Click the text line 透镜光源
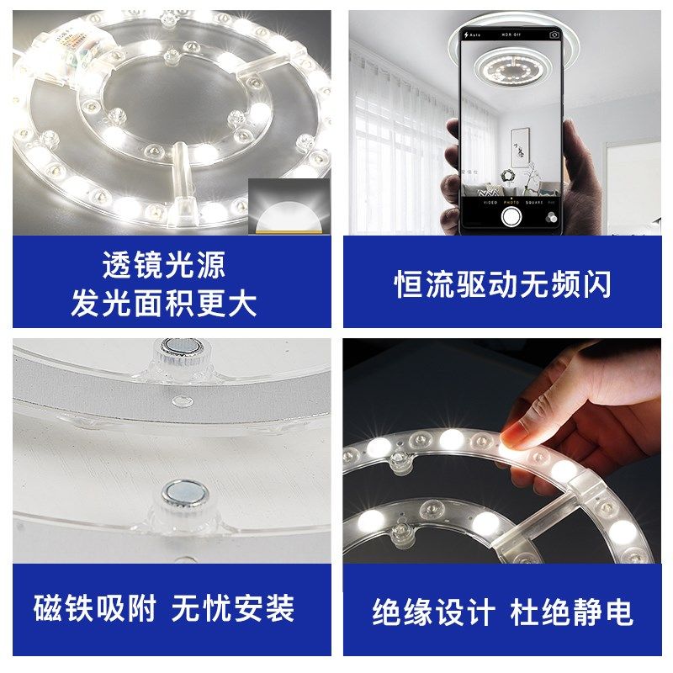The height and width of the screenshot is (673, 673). pyautogui.click(x=164, y=265)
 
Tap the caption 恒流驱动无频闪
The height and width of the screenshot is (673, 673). pyautogui.click(x=502, y=284)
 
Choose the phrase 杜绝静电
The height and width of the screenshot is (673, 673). pyautogui.click(x=572, y=612)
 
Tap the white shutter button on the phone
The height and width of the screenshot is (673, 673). pyautogui.click(x=511, y=216)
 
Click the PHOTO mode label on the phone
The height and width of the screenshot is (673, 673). pyautogui.click(x=511, y=202)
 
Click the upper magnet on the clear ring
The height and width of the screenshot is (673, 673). pyautogui.click(x=178, y=347)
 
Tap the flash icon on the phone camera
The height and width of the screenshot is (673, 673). pyautogui.click(x=467, y=35)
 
